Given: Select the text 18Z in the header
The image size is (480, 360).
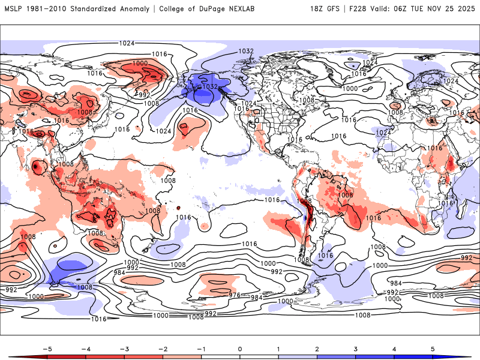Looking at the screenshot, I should click(318, 9).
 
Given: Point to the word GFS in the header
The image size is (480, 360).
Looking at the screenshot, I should click(336, 9).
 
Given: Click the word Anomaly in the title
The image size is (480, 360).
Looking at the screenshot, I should click(131, 9).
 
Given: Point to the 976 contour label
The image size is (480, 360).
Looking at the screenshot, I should click(235, 295).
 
